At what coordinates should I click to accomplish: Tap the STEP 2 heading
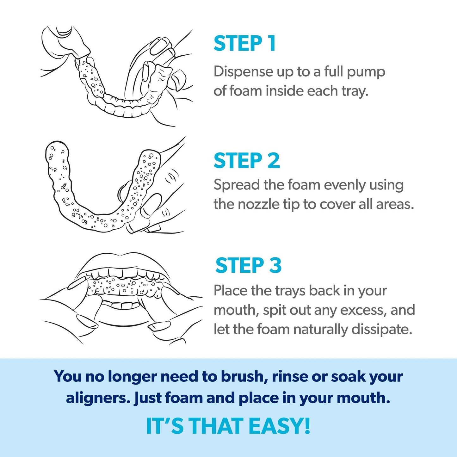(247, 161)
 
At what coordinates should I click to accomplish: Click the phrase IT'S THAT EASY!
(228, 426)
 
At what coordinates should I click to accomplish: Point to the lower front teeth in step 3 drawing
(121, 306)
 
